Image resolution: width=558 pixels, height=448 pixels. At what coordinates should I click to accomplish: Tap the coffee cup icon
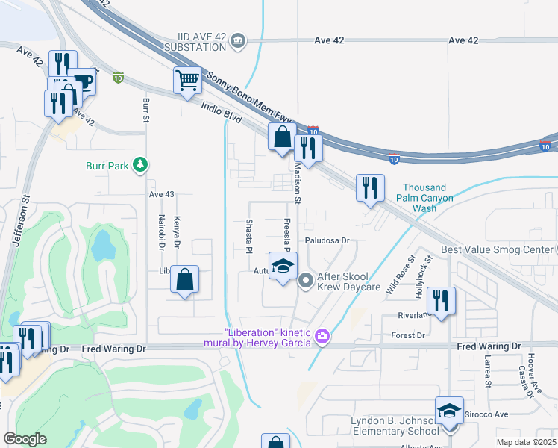tap(83, 81)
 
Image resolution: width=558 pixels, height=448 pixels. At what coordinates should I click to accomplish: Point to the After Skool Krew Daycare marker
tap(305, 281)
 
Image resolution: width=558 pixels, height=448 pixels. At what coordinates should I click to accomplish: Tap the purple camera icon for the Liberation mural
tap(322, 337)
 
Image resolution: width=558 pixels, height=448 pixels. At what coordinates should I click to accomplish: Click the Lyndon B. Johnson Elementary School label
tap(395, 426)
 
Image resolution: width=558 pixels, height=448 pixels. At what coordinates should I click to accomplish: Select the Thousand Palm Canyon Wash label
tap(424, 198)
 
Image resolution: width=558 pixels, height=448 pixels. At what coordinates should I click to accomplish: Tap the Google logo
tap(25, 439)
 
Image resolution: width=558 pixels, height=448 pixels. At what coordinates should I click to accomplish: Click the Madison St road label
tap(297, 183)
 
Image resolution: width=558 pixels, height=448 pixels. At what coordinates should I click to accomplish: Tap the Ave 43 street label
tap(161, 194)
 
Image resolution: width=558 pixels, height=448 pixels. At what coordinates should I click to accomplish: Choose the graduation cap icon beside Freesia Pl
tap(282, 267)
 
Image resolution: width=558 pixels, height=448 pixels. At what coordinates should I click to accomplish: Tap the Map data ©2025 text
tap(525, 442)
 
